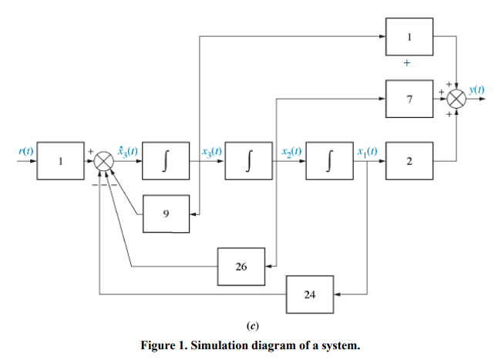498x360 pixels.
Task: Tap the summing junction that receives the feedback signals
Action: click(103, 161)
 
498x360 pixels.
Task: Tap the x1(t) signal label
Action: click(368, 150)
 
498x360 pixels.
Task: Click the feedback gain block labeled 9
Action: click(167, 214)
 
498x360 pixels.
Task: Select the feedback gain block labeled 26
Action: click(241, 267)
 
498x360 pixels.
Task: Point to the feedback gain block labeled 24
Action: click(309, 294)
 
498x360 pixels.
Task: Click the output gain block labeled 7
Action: click(410, 99)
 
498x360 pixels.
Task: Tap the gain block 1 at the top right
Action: click(410, 37)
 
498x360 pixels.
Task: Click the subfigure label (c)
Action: click(250, 325)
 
